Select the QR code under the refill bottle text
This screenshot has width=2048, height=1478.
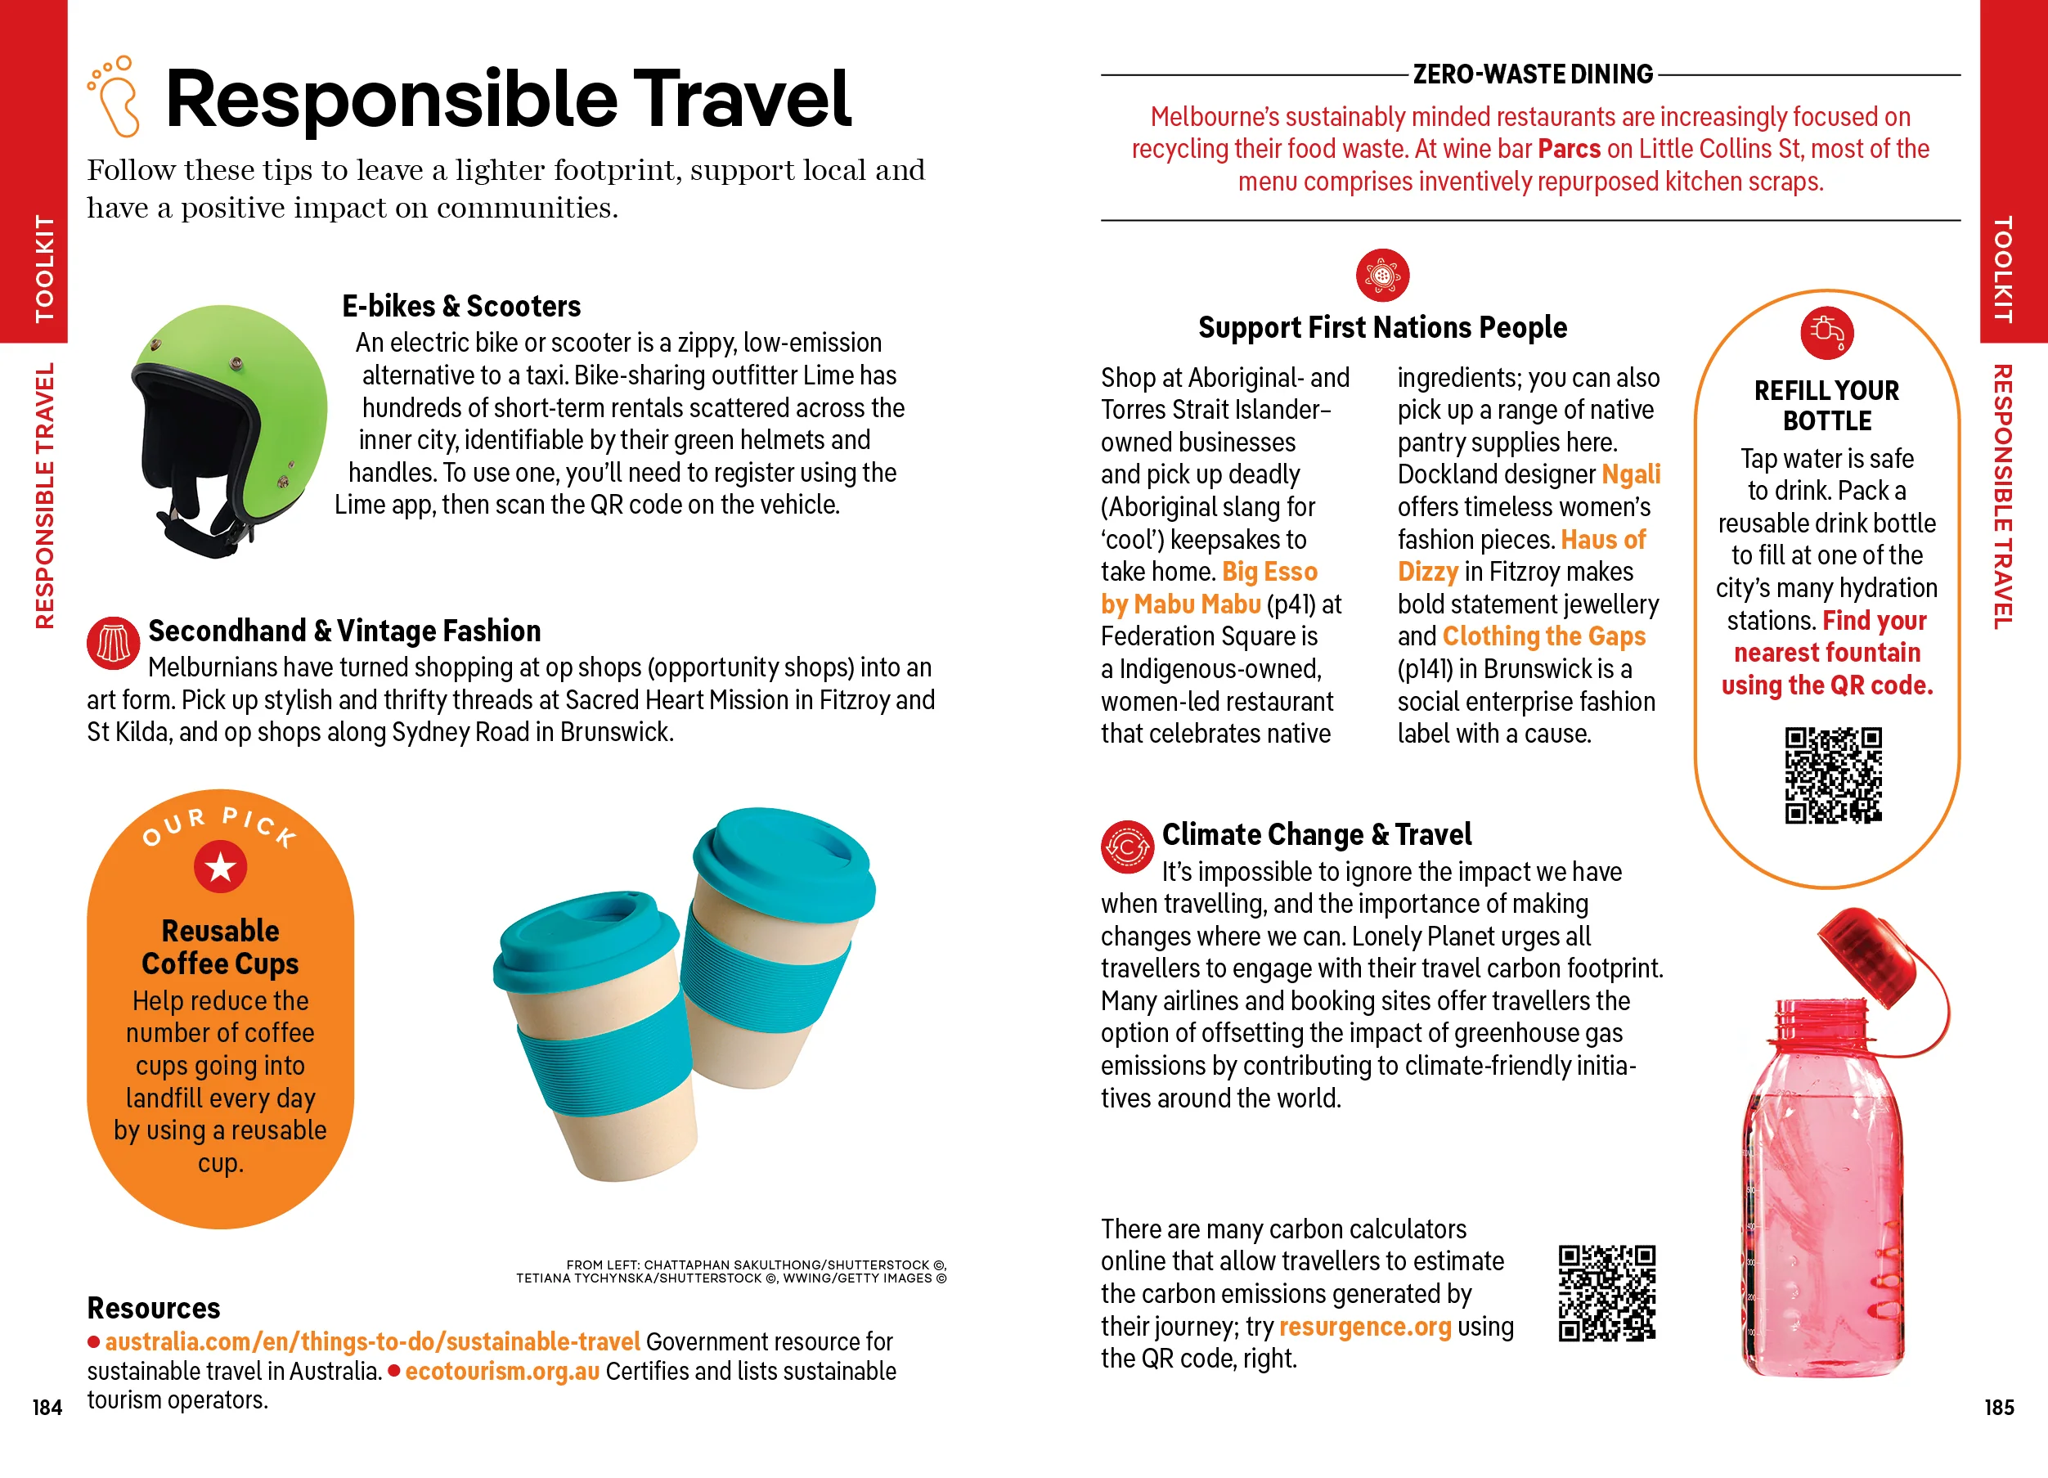[x=1832, y=775]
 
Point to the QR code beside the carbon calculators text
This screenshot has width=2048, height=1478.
[x=1606, y=1292]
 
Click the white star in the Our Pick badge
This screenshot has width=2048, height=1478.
[x=220, y=867]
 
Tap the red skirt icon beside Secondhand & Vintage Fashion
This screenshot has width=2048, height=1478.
[x=113, y=643]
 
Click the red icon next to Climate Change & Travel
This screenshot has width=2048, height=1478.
[x=1126, y=847]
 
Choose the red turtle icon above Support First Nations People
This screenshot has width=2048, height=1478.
[x=1381, y=275]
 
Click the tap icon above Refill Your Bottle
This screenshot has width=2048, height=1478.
[x=1827, y=332]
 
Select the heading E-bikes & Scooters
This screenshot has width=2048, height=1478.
[x=460, y=306]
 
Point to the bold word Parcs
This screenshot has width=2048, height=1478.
[x=1569, y=149]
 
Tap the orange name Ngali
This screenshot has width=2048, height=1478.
[x=1631, y=474]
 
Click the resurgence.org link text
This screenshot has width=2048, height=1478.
[x=1364, y=1327]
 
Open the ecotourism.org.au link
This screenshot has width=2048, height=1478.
[x=502, y=1371]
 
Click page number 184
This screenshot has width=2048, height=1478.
[x=47, y=1407]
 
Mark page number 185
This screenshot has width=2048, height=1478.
[x=1998, y=1407]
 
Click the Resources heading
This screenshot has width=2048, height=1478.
[x=154, y=1307]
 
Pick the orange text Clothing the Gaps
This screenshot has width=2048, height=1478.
[x=1543, y=636]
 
